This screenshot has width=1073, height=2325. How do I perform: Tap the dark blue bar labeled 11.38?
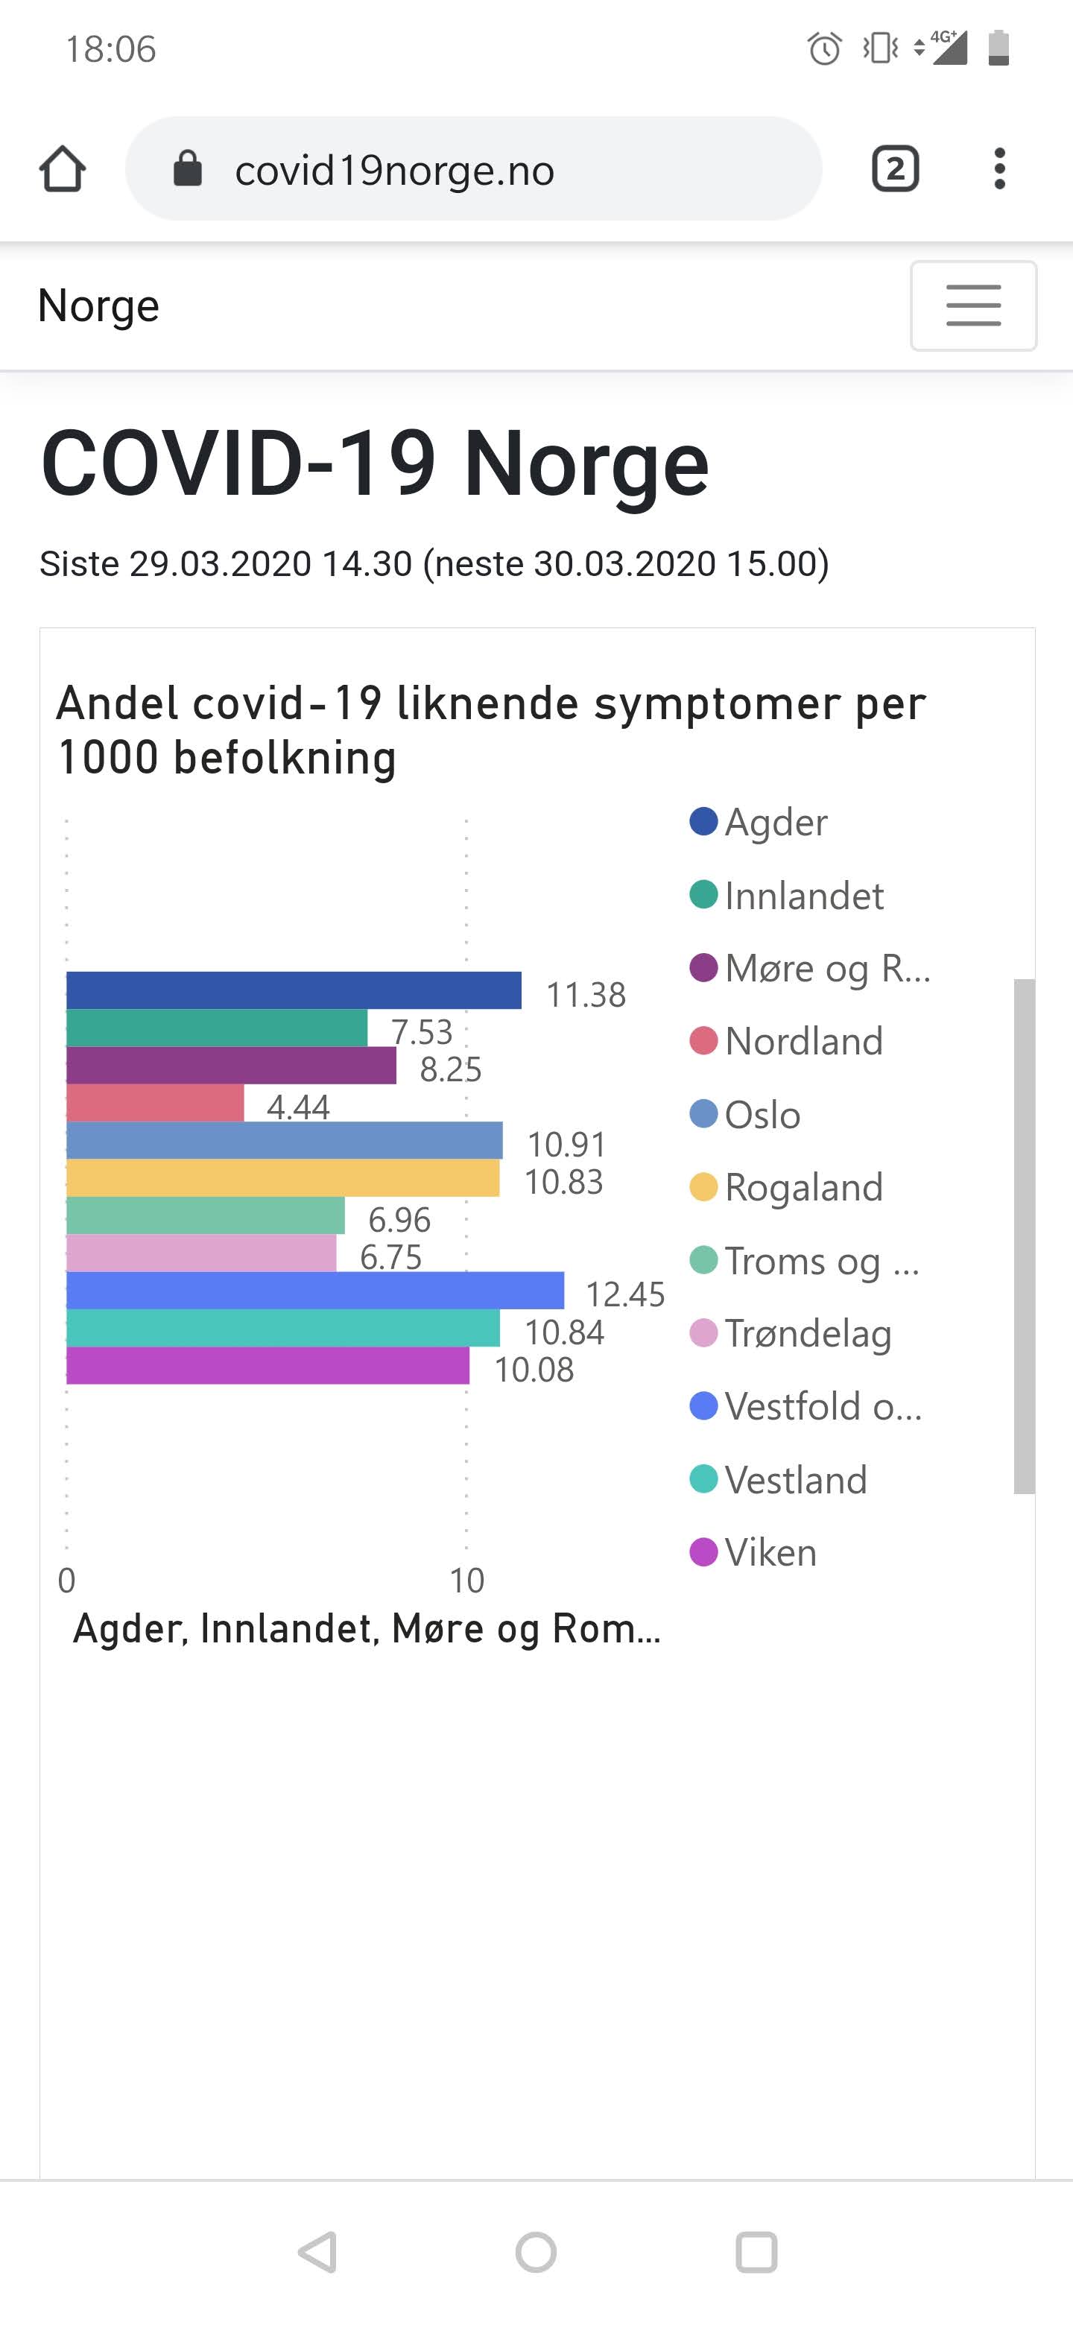pos(294,990)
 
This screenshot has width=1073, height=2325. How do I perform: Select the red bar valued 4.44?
pos(155,1103)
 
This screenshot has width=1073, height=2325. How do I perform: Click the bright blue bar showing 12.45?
pos(315,1290)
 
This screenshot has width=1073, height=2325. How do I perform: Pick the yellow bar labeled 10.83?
pos(282,1178)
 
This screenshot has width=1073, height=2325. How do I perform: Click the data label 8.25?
pos(450,1069)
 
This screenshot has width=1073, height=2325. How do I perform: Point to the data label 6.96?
pos(399,1219)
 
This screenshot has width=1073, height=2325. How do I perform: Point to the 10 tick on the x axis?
pos(466,1581)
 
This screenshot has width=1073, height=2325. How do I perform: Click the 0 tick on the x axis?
pos(67,1581)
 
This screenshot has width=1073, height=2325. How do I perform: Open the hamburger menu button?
pos(973,305)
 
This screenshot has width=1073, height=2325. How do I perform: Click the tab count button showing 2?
pos(895,168)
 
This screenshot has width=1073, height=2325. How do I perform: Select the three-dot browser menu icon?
pos(999,168)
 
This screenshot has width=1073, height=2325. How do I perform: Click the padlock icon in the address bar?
pos(188,168)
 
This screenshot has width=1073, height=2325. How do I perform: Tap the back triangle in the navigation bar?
pos(317,2252)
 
